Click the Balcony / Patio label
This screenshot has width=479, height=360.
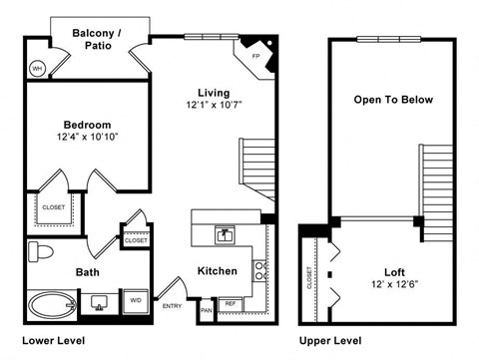(x=97, y=39)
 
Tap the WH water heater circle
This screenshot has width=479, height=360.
(x=38, y=68)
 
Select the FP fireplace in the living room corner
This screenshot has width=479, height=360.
(x=256, y=56)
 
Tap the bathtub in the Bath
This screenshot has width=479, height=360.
(x=49, y=303)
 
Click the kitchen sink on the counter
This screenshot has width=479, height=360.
(x=226, y=235)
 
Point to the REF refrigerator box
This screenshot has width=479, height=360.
(x=230, y=303)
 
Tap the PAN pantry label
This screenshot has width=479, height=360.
(x=207, y=310)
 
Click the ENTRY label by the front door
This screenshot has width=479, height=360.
(x=172, y=306)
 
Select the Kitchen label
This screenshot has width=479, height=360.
(x=217, y=271)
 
